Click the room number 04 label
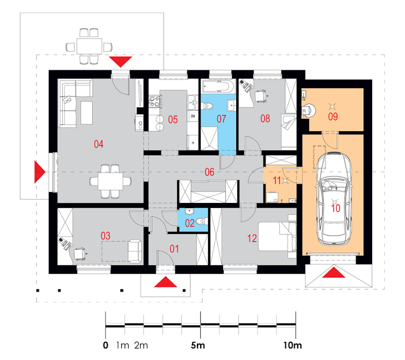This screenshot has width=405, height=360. pos(98,144)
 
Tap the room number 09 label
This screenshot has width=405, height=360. pos(333,116)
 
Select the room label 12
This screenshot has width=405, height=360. pos(252,239)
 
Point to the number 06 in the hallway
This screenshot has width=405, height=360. pos(210,172)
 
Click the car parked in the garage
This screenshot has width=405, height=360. pos(334,198)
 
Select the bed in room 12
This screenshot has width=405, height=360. pos(277,236)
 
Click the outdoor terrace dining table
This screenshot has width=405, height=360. pos(90,46)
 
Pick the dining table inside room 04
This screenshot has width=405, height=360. pos(110,181)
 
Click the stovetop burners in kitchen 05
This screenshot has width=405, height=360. pos(155,101)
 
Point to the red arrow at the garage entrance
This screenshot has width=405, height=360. pos(334,272)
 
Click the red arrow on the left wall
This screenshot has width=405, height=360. pos(40,172)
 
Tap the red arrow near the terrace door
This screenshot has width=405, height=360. pos(120,62)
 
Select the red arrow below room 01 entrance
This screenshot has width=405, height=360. pos(165,282)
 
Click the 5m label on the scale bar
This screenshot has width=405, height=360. pos(198,345)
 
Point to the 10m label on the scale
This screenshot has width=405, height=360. pos(292,345)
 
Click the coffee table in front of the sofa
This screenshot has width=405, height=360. pos(87,113)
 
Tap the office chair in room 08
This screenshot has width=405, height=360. pos(261,96)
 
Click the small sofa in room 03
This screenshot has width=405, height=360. pos(135,251)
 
